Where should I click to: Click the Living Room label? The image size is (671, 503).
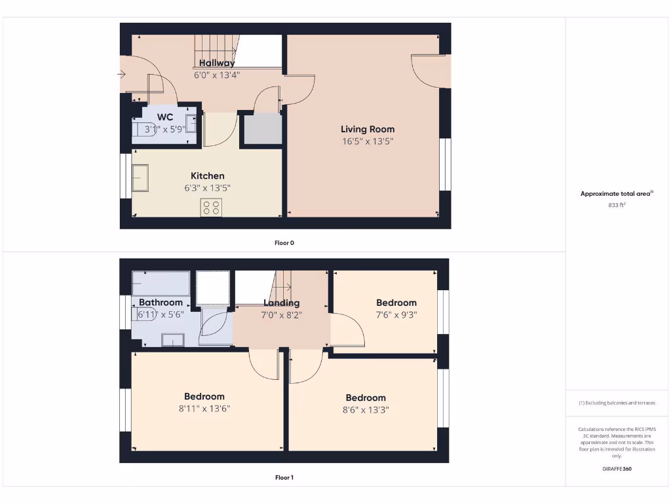click(x=368, y=129)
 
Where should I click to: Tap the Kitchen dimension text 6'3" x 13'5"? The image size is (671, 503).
click(x=207, y=188)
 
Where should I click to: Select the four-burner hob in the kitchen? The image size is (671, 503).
click(x=212, y=208)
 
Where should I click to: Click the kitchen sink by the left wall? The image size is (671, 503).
click(x=140, y=177)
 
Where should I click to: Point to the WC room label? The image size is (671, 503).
click(x=165, y=117)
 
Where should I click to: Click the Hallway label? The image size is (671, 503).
click(x=217, y=63)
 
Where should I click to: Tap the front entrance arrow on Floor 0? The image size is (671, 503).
click(x=121, y=75)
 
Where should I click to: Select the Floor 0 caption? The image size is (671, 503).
click(x=284, y=243)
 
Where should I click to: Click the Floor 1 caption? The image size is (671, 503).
click(x=284, y=477)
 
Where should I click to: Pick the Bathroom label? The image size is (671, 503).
click(x=161, y=303)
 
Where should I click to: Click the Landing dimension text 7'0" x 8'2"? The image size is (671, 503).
click(x=282, y=314)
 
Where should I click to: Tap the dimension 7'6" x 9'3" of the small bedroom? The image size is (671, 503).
click(x=396, y=314)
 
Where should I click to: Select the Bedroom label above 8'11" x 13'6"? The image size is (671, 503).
click(x=204, y=396)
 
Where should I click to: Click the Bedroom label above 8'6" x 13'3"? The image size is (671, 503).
click(x=366, y=398)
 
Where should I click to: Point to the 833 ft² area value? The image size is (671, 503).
click(x=617, y=205)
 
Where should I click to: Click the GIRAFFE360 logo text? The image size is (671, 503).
click(x=617, y=469)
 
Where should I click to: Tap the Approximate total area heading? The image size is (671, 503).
click(x=616, y=193)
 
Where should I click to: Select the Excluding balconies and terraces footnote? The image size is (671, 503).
click(x=617, y=403)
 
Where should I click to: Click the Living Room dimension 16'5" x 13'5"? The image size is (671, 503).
click(x=368, y=141)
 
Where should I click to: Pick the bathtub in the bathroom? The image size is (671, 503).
click(x=161, y=284)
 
